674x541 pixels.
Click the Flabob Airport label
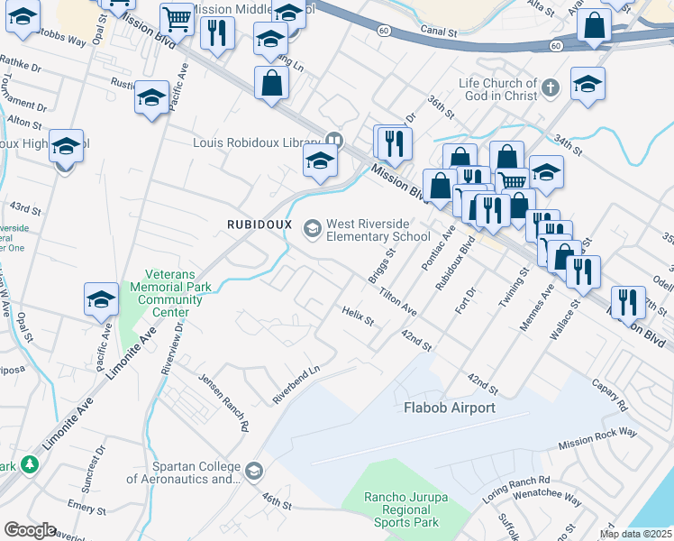coord(450,408)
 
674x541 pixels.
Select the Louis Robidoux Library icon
coord(334,141)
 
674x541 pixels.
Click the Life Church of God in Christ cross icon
coord(551,88)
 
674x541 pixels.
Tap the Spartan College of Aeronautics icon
coord(254,470)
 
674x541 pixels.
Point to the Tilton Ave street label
coord(397,301)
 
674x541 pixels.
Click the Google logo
coord(30,530)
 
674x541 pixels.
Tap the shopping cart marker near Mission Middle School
coord(177,18)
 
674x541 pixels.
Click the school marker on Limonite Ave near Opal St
coord(102,299)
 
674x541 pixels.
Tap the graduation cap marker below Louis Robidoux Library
coord(319,162)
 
